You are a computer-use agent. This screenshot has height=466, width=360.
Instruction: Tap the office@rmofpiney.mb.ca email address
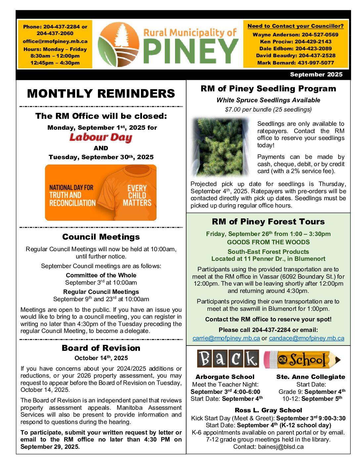point(55,41)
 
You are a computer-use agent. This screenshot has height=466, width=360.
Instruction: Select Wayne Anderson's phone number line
point(295,34)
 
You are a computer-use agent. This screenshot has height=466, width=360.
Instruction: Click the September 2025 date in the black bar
point(316,74)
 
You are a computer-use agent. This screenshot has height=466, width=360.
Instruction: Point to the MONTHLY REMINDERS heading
point(101,94)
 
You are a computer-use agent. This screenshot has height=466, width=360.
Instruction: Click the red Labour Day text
point(101,137)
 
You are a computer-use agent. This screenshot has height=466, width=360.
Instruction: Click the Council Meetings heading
point(101,237)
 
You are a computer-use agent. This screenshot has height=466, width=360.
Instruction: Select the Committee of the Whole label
point(101,275)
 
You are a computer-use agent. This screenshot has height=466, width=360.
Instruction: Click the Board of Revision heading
point(101,348)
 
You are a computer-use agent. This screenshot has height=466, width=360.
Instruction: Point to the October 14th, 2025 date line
point(101,358)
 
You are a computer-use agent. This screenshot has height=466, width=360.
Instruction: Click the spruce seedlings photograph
point(220,147)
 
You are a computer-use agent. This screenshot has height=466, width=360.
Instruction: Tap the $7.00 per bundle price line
point(268,110)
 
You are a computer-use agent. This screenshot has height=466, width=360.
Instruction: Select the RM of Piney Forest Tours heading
point(268,222)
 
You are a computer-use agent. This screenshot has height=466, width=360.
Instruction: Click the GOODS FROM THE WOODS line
point(268,242)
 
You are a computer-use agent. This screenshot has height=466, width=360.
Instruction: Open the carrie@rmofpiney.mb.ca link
point(226,338)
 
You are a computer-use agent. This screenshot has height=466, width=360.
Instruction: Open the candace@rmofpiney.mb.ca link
point(306,338)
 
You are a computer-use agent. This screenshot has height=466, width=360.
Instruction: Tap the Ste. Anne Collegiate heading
point(310,377)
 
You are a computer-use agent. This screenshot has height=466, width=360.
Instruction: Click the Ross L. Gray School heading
point(268,410)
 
